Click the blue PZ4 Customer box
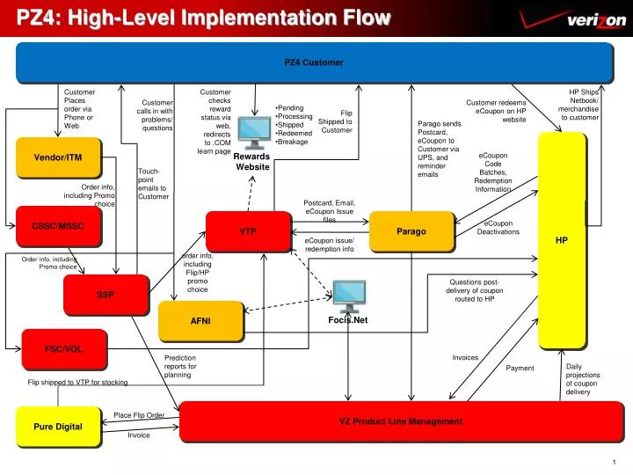(314, 62)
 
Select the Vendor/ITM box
(58, 158)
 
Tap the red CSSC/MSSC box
(58, 227)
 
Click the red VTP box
(248, 231)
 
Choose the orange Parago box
(411, 231)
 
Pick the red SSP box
(105, 294)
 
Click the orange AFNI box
(200, 321)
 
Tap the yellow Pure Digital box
(58, 427)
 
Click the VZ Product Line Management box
(400, 421)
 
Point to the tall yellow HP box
(562, 239)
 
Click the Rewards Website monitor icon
(254, 132)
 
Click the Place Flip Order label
(139, 414)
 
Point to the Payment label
(520, 368)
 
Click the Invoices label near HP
(465, 357)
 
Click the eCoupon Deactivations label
(498, 228)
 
